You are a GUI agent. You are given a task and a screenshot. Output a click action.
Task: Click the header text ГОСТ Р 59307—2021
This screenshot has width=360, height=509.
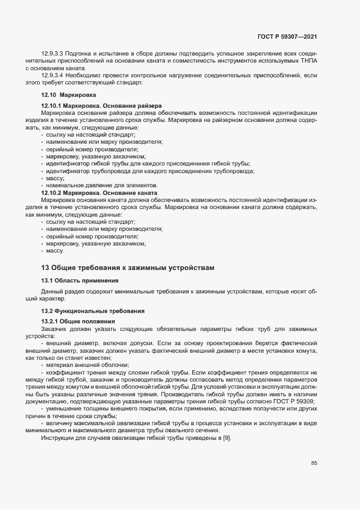tap(288, 37)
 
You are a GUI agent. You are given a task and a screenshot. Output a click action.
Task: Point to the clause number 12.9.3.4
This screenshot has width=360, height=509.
tap(53, 75)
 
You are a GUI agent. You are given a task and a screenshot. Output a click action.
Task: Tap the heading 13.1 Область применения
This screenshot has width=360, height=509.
tap(80, 280)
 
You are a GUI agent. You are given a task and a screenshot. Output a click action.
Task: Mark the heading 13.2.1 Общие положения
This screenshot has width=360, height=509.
tap(77, 321)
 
